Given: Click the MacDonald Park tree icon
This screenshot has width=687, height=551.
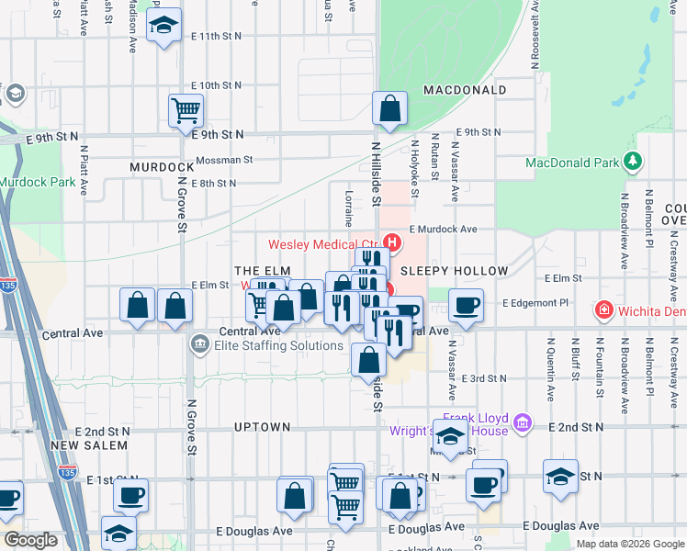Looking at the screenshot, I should coord(632,162).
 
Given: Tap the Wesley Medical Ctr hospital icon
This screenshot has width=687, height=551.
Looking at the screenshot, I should coord(392,243).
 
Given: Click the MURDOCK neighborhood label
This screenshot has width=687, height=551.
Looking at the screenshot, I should coord(162,167).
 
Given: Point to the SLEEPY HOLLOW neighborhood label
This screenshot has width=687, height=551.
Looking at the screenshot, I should coord(454,271).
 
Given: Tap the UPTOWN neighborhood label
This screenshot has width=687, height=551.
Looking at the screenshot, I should coord(262,427).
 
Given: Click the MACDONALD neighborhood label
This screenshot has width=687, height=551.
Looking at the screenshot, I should coord(465,90).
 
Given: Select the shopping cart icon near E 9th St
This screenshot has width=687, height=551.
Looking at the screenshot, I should coord(186,110).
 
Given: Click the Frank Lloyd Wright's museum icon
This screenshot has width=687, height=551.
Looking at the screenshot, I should coord(523,422).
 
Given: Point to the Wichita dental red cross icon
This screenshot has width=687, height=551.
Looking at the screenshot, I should coord(603,309).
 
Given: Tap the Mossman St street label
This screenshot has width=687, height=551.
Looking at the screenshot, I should coord(223,160).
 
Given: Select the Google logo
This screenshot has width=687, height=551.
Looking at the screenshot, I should coord(30,540).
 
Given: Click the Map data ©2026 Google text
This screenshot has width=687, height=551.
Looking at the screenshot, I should coord(629,543).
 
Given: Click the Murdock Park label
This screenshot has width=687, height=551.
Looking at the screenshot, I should coord(37,182).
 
